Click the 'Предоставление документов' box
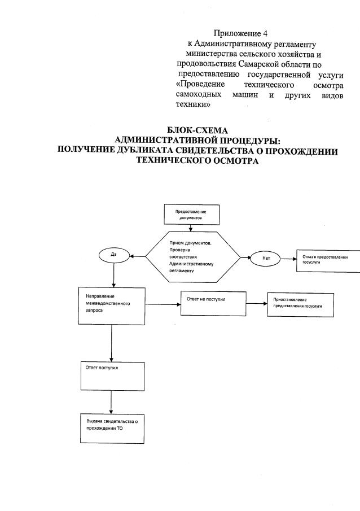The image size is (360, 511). click(x=191, y=214)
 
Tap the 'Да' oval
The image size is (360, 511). click(x=114, y=255)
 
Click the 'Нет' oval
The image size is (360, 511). click(x=267, y=257)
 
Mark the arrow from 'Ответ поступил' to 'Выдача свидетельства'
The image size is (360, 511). click(x=111, y=403)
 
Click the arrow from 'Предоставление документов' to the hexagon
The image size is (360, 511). click(x=191, y=228)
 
